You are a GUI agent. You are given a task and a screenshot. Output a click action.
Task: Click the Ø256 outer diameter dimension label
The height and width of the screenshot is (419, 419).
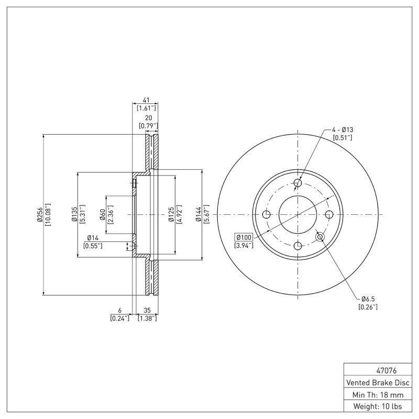pyautogui.click(x=40, y=215)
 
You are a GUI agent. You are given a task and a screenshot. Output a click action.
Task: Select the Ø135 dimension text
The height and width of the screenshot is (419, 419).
pyautogui.click(x=74, y=215)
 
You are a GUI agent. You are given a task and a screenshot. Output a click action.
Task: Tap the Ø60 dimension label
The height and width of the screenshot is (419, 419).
pyautogui.click(x=103, y=215)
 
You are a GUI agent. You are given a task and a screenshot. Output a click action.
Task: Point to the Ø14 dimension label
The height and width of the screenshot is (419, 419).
pyautogui.click(x=93, y=238)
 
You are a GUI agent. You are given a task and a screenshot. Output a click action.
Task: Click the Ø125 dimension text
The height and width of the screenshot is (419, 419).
pyautogui.click(x=171, y=215)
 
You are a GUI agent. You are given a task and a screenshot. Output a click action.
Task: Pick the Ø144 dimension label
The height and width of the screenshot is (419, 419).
pyautogui.click(x=199, y=215)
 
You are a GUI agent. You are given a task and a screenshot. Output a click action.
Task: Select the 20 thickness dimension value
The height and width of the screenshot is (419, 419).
pyautogui.click(x=148, y=118)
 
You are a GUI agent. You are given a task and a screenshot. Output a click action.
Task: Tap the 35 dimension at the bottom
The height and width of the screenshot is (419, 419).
pyautogui.click(x=147, y=311)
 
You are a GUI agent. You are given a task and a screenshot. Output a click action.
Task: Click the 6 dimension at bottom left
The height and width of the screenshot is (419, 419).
pyautogui.click(x=119, y=311)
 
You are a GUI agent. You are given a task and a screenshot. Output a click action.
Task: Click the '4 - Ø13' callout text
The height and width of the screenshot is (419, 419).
pyautogui.click(x=343, y=129)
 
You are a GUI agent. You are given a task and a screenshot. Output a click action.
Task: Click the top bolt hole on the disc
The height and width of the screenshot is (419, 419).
pyautogui.click(x=298, y=183)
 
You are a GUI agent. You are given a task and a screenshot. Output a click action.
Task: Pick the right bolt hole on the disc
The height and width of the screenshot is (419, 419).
pyautogui.click(x=329, y=215)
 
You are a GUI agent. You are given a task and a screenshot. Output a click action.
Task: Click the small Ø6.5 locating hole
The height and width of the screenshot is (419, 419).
pyautogui.click(x=321, y=237)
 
